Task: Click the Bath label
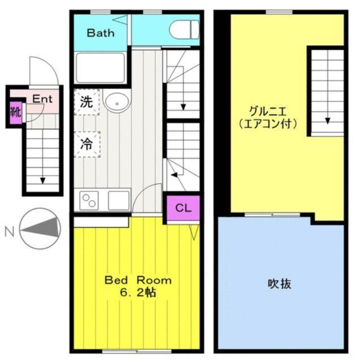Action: click(x=100, y=33)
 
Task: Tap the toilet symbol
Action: click(x=185, y=28)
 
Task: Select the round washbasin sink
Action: click(x=116, y=102)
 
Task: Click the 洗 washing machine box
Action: click(x=86, y=103)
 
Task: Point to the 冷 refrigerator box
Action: click(x=86, y=143)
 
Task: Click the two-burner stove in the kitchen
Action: click(x=89, y=200)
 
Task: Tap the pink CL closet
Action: click(x=182, y=207)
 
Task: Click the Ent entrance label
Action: click(x=42, y=98)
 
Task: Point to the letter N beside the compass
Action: click(x=8, y=230)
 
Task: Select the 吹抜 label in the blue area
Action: click(x=279, y=283)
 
